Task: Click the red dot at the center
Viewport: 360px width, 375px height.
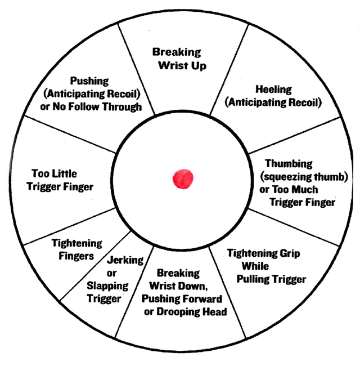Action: tap(182, 179)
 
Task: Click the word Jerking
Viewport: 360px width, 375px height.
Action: tap(125, 261)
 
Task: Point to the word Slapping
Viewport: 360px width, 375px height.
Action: tap(107, 286)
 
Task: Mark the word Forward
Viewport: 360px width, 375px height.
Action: tap(201, 298)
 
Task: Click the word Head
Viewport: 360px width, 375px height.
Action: tap(214, 311)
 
